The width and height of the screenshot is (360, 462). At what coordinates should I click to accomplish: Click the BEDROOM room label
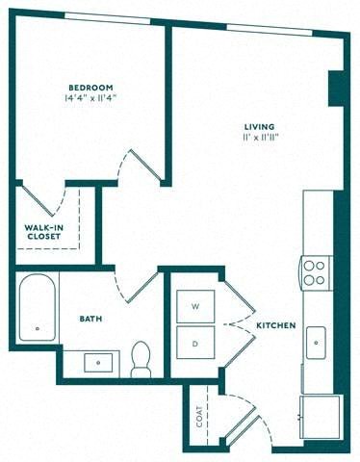(90, 88)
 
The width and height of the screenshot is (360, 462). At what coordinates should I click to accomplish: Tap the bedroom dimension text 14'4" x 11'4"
(90, 98)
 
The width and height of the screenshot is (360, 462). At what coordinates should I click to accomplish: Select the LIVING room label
(260, 127)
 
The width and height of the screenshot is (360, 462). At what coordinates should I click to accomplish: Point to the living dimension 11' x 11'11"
(260, 138)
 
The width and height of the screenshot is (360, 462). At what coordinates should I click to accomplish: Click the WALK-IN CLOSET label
(44, 232)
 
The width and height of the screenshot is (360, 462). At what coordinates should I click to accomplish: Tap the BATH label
(90, 319)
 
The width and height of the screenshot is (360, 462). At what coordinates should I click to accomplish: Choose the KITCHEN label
(276, 325)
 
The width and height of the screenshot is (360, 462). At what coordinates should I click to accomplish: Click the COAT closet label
(200, 416)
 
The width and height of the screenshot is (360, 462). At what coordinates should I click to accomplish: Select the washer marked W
(195, 306)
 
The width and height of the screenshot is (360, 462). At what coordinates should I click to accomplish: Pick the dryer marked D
(195, 343)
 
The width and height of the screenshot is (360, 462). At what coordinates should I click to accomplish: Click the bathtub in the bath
(38, 308)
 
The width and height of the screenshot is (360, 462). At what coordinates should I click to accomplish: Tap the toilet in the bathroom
(141, 359)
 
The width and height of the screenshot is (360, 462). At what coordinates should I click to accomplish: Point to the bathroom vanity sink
(98, 363)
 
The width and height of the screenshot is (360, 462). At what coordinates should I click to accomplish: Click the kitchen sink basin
(316, 343)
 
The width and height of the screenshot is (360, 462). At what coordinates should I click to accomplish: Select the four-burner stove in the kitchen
(316, 273)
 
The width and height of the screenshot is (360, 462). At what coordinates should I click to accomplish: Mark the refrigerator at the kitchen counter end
(320, 417)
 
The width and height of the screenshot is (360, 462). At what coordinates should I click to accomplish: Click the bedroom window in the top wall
(108, 19)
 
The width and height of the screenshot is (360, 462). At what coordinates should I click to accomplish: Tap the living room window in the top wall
(270, 30)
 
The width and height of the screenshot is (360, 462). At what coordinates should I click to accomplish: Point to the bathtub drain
(38, 328)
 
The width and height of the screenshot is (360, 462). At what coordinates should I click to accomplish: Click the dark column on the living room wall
(337, 89)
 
